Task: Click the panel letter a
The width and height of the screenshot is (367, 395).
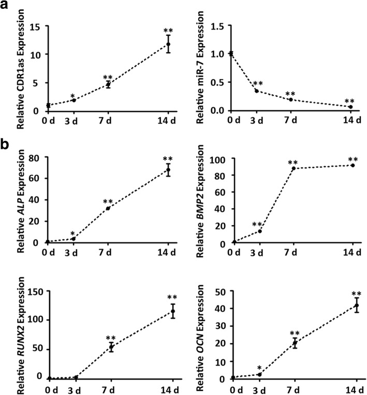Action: (7, 8)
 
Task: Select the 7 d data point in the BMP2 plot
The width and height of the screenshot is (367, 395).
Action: (293, 168)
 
